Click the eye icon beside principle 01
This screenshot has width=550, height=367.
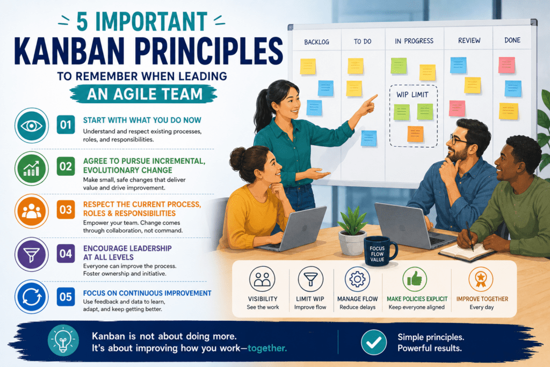32,125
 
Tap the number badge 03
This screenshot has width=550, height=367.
66,210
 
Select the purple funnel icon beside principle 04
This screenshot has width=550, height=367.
32,254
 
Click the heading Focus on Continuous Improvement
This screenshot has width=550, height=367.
147,293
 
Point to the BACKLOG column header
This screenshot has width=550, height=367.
316,42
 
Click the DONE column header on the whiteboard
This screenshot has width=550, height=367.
512,40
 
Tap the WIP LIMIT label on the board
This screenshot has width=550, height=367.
412,95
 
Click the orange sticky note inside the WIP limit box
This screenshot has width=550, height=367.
415,134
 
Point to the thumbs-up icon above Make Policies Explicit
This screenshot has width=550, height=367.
415,279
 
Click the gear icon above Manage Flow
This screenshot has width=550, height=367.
357,279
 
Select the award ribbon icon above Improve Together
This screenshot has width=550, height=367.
481,279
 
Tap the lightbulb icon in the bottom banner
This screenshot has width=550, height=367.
63,340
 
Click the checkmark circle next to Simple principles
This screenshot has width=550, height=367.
374,342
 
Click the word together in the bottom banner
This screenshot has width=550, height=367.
267,348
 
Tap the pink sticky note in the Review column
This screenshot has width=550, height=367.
457,109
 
